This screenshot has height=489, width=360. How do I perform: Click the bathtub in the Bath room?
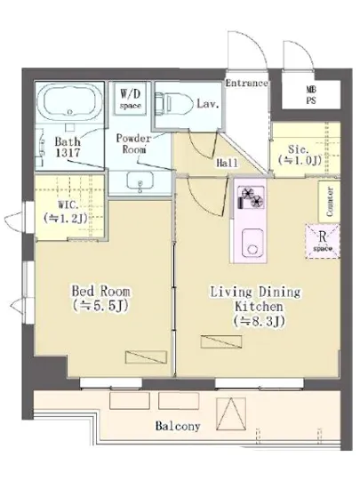point(69,102)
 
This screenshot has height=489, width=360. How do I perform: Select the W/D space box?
point(130,99)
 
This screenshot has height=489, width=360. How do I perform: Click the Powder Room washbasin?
point(140,181)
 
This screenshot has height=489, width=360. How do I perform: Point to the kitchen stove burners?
point(252,197)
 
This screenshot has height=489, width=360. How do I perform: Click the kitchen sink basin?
point(252,243)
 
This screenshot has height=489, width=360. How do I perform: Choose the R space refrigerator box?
point(323,241)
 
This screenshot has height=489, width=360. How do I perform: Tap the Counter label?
point(330,202)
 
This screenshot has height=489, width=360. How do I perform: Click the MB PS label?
point(311,95)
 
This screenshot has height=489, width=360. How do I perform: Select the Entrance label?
point(246,84)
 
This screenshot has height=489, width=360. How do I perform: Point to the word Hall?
point(227,163)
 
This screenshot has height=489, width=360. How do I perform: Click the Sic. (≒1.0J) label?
point(300,155)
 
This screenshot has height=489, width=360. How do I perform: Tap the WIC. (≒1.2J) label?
point(66,212)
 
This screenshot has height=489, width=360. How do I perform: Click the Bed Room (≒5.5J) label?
point(100,299)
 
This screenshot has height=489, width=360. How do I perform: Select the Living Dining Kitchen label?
point(256,306)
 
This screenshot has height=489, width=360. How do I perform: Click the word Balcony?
point(178,426)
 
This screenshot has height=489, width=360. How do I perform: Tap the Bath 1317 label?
point(68,147)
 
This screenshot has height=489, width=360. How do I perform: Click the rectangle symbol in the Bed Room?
point(146,357)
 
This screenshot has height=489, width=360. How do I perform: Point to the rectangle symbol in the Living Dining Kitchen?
point(221,341)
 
